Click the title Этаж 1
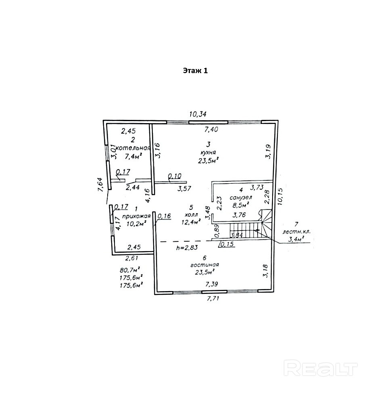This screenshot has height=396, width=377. [x=195, y=71]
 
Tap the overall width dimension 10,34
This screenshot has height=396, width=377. [x=198, y=115]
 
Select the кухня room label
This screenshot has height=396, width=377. [x=208, y=152]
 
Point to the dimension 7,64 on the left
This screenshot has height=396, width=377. [x=102, y=187]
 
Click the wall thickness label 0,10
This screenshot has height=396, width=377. [x=175, y=176]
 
